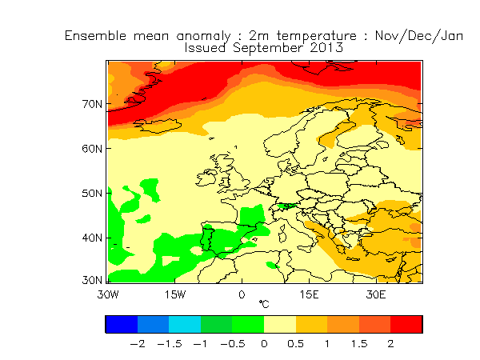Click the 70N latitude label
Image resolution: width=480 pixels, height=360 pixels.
[93, 104]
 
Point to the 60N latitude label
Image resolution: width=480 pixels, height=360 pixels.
[93, 149]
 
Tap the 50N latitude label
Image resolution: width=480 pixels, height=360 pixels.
[93, 194]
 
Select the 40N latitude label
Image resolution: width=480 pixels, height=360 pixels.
[93, 238]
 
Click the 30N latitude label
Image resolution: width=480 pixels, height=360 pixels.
[93, 282]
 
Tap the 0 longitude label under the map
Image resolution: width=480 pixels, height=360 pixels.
[242, 294]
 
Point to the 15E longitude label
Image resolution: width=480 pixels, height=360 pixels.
[309, 294]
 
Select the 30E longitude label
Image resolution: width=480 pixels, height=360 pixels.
[376, 294]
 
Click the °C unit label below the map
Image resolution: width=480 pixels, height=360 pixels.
[264, 305]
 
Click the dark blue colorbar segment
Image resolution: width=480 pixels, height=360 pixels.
[122, 324]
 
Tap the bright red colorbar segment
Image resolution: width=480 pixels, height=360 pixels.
[406, 324]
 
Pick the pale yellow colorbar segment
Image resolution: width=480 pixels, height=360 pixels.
[280, 324]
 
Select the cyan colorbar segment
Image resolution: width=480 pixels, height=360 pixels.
[185, 324]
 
